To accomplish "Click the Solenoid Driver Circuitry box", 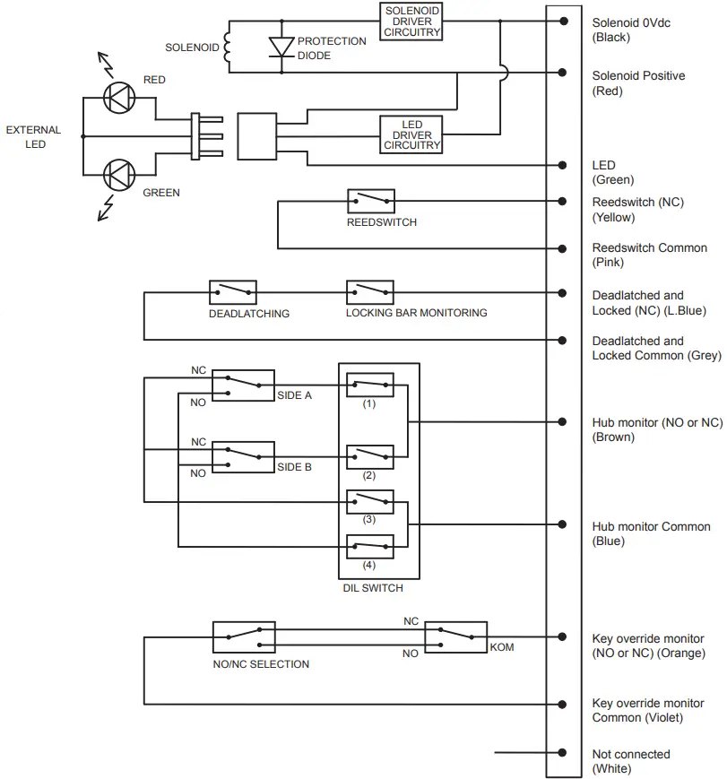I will [x=411, y=22].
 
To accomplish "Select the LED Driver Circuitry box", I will [x=411, y=134].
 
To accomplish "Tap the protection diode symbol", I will [x=281, y=48].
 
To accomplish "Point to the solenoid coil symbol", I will [x=227, y=48].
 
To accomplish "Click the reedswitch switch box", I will [x=370, y=201].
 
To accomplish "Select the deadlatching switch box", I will [x=233, y=292].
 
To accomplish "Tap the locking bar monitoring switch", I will [x=370, y=292].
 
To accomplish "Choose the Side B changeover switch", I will [x=243, y=456].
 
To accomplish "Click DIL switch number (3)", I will [x=370, y=500].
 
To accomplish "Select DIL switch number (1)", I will [x=370, y=385].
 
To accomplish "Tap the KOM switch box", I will [x=455, y=636].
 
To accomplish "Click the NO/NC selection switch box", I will [x=244, y=636].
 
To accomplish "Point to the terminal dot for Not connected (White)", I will [x=563, y=753].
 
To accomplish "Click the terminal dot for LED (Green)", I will [x=563, y=165].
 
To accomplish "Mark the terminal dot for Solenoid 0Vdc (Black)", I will [x=563, y=21].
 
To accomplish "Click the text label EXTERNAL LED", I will [x=33, y=137].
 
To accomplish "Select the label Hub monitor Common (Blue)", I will [x=651, y=533].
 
